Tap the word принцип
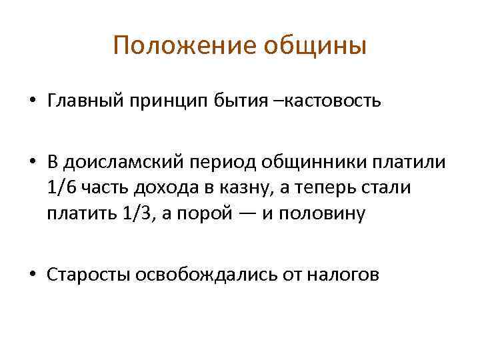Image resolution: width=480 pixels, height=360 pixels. tap(174, 101)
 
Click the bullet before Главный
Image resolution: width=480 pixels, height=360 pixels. tap(32, 102)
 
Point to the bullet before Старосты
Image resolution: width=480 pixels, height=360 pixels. tap(32, 275)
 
